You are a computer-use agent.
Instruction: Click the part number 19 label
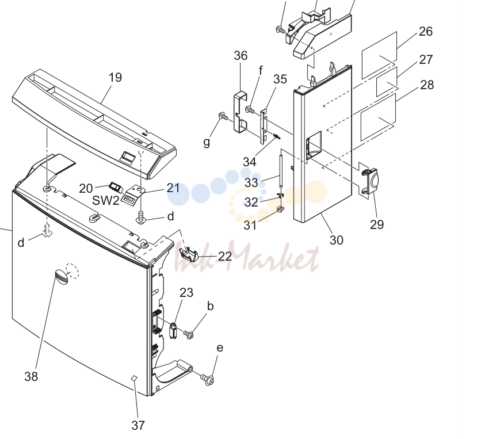point(115,77)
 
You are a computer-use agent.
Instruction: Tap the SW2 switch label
point(106,200)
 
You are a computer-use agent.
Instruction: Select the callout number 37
point(138,425)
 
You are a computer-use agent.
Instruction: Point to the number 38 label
point(31,376)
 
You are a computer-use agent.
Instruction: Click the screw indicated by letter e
point(207,379)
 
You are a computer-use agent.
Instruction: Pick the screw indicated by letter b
point(189,334)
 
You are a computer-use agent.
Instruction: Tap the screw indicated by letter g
point(223,117)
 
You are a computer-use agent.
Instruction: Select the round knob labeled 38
point(62,277)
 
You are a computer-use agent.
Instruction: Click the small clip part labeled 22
point(189,254)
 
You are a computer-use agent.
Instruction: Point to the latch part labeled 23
point(173,330)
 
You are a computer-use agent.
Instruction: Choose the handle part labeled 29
point(370,181)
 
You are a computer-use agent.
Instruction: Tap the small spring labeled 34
point(276,136)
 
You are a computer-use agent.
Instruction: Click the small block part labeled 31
point(280,209)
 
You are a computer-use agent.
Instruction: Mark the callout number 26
point(426,31)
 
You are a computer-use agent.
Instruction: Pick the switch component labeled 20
point(116,187)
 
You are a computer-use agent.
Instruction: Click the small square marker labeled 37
point(134,377)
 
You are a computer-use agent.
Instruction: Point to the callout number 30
point(336,240)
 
